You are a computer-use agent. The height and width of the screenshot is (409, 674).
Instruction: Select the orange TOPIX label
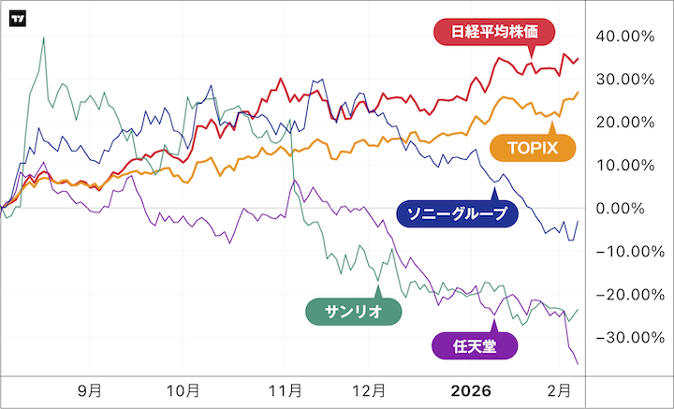tap(532, 147)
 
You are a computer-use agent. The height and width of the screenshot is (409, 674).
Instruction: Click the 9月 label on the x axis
tap(89, 389)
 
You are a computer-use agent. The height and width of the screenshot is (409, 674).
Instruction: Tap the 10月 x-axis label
tap(184, 389)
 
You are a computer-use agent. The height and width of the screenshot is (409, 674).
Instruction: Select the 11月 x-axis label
tap(285, 389)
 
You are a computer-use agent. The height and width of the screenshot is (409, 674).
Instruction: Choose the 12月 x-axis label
tap(370, 389)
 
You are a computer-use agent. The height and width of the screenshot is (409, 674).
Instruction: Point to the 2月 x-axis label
tap(558, 389)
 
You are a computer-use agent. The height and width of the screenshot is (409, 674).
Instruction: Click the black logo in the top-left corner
tap(18, 19)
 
